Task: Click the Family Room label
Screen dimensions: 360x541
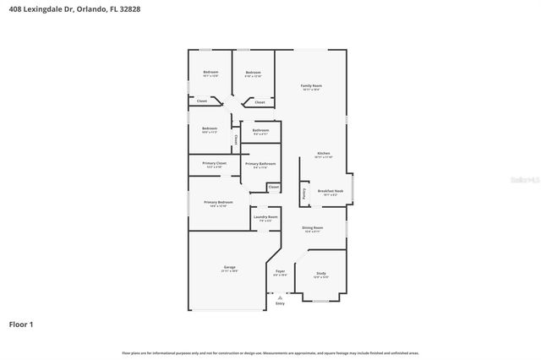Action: (311, 86)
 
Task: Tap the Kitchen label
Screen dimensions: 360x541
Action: (323, 153)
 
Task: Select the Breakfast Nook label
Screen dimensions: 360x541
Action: (330, 191)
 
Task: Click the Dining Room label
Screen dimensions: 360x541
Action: (313, 228)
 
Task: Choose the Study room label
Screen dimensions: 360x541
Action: (321, 273)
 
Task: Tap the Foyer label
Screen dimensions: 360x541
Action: (280, 271)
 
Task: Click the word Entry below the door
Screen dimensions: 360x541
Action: (280, 303)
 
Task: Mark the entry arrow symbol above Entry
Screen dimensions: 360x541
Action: (280, 296)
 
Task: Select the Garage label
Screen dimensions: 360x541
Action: (229, 267)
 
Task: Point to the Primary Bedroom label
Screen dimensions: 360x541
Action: (218, 202)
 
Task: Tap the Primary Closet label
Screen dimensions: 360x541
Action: (214, 162)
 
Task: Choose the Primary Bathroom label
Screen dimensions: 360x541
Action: (260, 163)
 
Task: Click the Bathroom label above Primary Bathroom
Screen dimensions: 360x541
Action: (260, 130)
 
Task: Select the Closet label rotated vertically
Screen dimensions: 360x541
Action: (236, 139)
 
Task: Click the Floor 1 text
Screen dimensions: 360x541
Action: (22, 325)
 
